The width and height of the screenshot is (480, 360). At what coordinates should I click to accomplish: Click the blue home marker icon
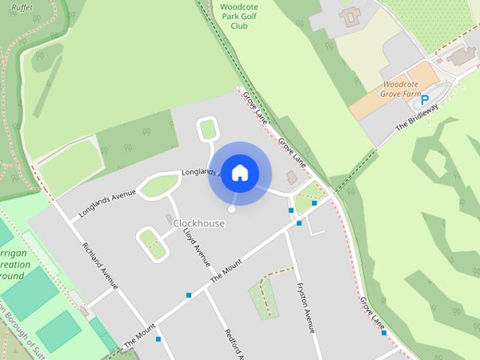tap(239, 172)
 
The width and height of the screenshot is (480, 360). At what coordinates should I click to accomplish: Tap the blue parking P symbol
tap(424, 99)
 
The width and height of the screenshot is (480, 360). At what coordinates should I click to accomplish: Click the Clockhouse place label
tap(199, 223)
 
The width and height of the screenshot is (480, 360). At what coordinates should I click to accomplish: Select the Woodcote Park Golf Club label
tap(239, 16)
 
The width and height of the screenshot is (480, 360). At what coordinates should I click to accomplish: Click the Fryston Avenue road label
tap(306, 307)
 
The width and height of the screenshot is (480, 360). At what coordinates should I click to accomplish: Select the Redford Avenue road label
tap(235, 343)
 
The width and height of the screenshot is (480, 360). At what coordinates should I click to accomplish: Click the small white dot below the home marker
tap(232, 209)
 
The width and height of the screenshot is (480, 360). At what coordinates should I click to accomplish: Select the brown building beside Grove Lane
tap(292, 177)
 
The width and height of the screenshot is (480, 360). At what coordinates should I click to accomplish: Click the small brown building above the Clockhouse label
tap(169, 217)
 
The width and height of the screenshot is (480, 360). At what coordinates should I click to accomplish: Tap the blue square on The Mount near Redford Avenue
tap(189, 295)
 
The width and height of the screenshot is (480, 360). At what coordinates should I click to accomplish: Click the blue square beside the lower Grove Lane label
tap(373, 333)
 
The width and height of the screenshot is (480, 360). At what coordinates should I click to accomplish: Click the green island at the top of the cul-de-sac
tap(208, 130)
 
